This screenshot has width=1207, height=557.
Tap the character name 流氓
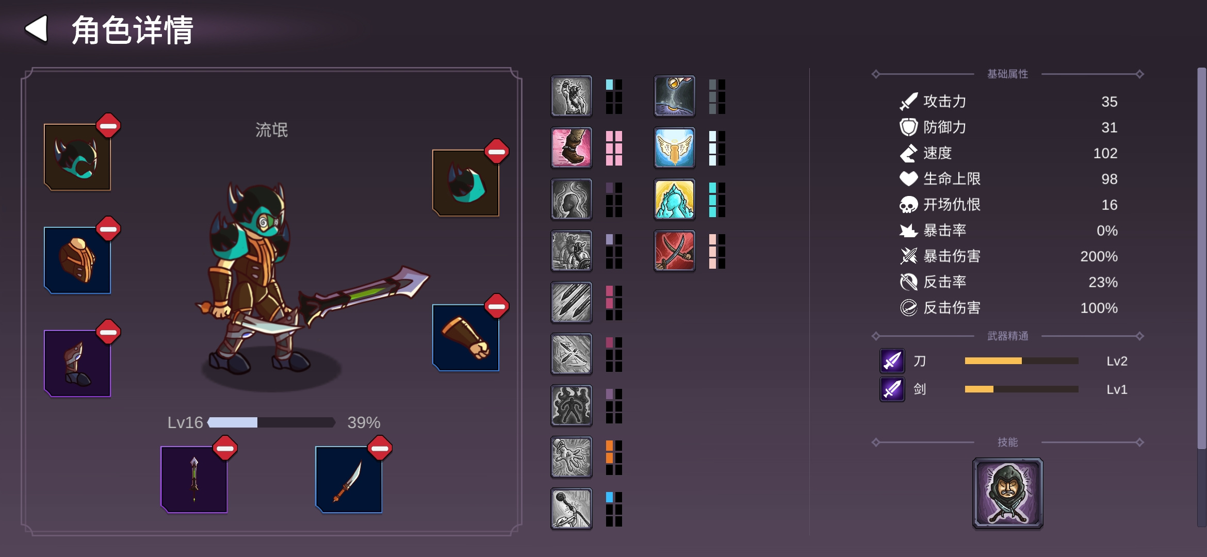[x=272, y=130]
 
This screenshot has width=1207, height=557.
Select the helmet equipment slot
[x=77, y=157]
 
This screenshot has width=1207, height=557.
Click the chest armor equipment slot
[x=77, y=260]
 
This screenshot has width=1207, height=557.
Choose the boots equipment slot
[x=77, y=364]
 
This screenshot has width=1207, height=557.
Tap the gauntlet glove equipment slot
[x=466, y=338]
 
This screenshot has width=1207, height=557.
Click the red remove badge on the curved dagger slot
[x=380, y=448]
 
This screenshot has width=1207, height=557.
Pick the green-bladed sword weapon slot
[x=194, y=480]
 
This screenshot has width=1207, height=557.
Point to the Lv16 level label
[x=185, y=422]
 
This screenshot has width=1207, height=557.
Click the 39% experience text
[x=364, y=422]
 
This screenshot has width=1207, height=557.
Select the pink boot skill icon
[x=572, y=148]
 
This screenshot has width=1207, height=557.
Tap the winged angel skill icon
[x=675, y=148]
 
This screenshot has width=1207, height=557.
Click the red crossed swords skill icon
[x=675, y=251]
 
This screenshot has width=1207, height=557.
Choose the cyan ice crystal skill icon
[x=675, y=199]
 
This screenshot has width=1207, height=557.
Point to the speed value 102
[x=1105, y=153]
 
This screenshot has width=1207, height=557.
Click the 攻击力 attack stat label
[x=944, y=102]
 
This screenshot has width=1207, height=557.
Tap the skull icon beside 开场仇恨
[x=908, y=205]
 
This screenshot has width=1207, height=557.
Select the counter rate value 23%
[x=1103, y=282]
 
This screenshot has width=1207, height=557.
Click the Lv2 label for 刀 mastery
[x=1117, y=361]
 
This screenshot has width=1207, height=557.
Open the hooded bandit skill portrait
[x=1008, y=493]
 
